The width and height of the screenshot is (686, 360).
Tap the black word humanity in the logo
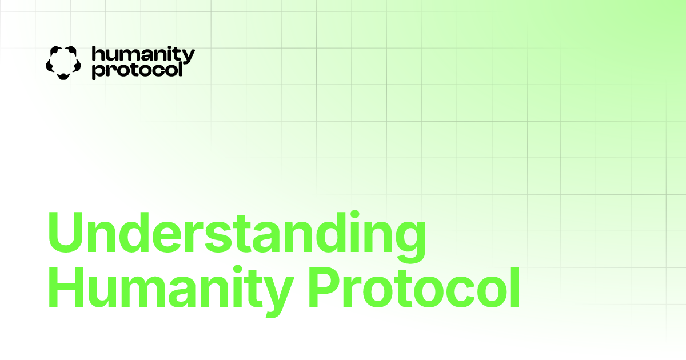pyautogui.click(x=143, y=55)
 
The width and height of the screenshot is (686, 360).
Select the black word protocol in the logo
pyautogui.click(x=137, y=70)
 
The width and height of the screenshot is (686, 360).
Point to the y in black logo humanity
pyautogui.click(x=188, y=57)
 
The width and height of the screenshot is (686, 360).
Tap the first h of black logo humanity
pyautogui.click(x=97, y=54)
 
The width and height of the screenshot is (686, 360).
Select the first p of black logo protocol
pyautogui.click(x=97, y=71)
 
